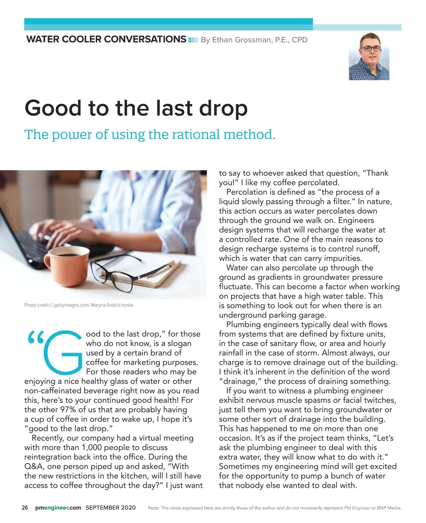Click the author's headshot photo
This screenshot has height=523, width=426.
(369, 56)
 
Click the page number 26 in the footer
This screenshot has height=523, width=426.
(25, 508)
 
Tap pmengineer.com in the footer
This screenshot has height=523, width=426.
(58, 508)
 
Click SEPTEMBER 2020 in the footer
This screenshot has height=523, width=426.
(110, 508)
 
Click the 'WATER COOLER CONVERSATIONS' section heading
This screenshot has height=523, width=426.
(106, 39)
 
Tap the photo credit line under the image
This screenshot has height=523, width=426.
(78, 305)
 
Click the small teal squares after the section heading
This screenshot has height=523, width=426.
(193, 40)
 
